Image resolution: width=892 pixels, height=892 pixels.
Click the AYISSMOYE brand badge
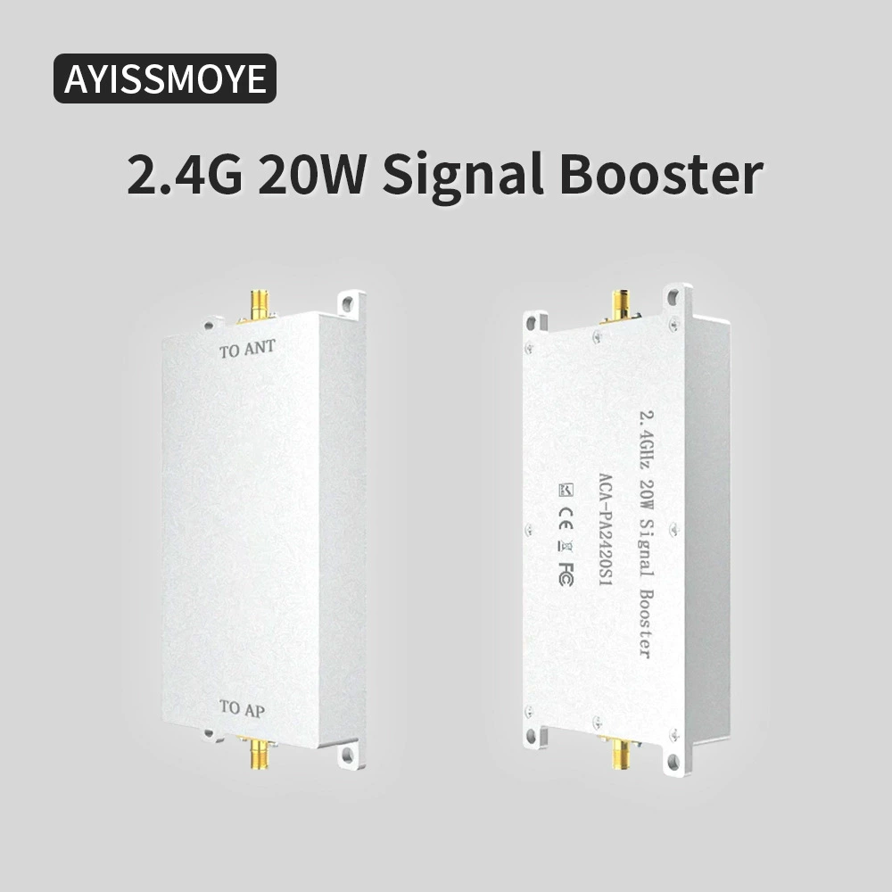pyautogui.click(x=165, y=78)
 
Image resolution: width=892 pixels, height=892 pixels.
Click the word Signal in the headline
pyautogui.click(x=462, y=175)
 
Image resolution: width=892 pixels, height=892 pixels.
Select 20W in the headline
pyautogui.click(x=311, y=173)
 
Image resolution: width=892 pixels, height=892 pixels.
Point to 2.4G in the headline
pyautogui.click(x=185, y=173)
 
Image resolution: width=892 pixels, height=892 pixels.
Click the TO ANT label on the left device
pyautogui.click(x=247, y=349)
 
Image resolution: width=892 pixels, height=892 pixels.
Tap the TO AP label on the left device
pyautogui.click(x=243, y=709)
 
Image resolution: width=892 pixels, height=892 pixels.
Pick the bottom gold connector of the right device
pyautogui.click(x=621, y=751)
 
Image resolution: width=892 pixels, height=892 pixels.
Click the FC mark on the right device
pyautogui.click(x=566, y=574)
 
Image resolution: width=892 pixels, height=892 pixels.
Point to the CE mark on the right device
pyautogui.click(x=566, y=518)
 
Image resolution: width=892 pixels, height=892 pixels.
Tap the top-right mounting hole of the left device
pyautogui.click(x=345, y=303)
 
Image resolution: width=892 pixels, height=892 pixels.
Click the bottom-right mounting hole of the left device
pyautogui.click(x=348, y=754)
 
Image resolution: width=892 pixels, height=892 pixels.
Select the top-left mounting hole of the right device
pyautogui.click(x=532, y=323)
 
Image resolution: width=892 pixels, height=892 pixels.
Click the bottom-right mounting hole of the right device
pyautogui.click(x=673, y=761)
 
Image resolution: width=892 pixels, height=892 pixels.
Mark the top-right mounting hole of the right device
pyautogui.click(x=673, y=297)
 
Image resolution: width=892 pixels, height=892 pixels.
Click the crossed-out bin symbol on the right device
pyautogui.click(x=566, y=546)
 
